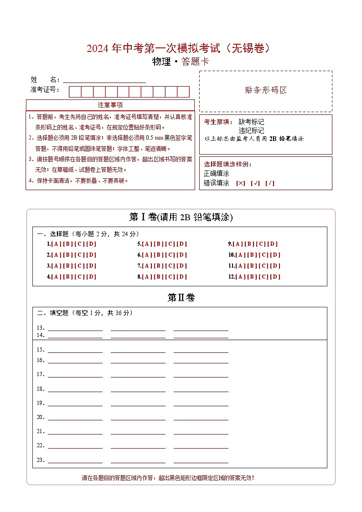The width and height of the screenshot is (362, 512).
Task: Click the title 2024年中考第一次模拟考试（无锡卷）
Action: pos(181,48)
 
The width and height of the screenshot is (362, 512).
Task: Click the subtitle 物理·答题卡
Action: pos(181,62)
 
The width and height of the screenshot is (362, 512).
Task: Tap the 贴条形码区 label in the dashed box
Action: pos(266,90)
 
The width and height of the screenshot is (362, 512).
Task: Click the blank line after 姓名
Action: pos(104,79)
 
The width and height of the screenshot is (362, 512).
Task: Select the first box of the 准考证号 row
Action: pos(75,92)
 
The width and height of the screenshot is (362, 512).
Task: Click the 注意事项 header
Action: pos(110,105)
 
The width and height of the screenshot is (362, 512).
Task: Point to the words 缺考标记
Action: pos(251,122)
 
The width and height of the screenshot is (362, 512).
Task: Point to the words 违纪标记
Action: pos(251,130)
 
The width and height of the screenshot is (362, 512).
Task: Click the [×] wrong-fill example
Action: pos(240,183)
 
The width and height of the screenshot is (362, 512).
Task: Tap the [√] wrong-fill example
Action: pos(255,183)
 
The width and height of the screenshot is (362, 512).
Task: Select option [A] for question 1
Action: pos(57,244)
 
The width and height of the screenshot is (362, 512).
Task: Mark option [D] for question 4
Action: pos(91,277)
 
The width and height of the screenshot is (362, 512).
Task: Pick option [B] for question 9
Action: pos(250,244)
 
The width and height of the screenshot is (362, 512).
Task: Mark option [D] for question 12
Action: pos(275,277)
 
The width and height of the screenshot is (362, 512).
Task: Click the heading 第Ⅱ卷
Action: pos(181,298)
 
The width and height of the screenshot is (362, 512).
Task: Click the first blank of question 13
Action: pos(75,328)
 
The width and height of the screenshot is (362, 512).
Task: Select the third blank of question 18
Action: pos(201,389)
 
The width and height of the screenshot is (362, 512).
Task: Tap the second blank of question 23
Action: pos(138,460)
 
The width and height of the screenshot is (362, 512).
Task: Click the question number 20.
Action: pos(40,417)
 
